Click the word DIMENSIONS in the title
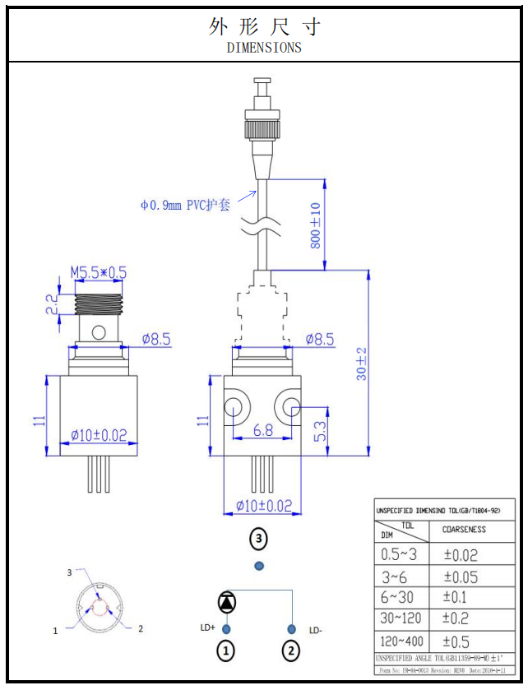tap(264, 48)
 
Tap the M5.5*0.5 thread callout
tap(98, 272)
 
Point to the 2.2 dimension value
tap(51, 305)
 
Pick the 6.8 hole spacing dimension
tap(263, 429)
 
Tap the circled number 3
tap(259, 539)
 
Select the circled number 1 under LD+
tap(226, 652)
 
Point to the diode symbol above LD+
tap(226, 601)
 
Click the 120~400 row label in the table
tap(401, 641)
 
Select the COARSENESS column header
tap(464, 530)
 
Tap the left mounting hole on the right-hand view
tap(234, 405)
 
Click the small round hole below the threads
tap(99, 333)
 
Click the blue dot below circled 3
tap(259, 566)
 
